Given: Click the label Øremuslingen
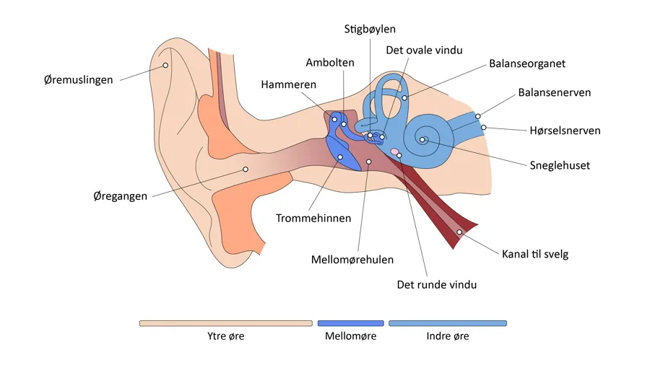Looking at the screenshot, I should click(78, 79).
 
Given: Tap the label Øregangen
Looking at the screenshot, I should click(121, 195).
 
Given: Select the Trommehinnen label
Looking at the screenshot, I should click(313, 218).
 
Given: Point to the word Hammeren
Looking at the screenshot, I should click(289, 84).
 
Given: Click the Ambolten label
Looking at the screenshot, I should click(330, 63).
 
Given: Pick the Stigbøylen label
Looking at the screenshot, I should click(370, 29).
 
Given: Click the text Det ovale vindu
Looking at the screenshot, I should click(424, 50).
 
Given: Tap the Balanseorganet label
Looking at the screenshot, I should click(527, 63).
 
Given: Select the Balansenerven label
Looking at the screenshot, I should click(555, 92).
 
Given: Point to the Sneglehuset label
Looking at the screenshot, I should click(560, 165).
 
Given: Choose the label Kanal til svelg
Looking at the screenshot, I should click(535, 254).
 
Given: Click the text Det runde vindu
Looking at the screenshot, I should click(437, 284).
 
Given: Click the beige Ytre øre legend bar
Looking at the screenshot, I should click(225, 323).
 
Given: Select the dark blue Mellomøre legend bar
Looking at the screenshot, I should click(350, 323).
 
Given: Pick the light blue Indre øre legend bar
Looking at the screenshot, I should click(448, 323).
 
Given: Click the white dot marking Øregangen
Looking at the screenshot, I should click(246, 170).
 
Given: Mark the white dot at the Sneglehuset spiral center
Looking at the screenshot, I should click(422, 140).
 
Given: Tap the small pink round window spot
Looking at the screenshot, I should click(394, 151).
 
